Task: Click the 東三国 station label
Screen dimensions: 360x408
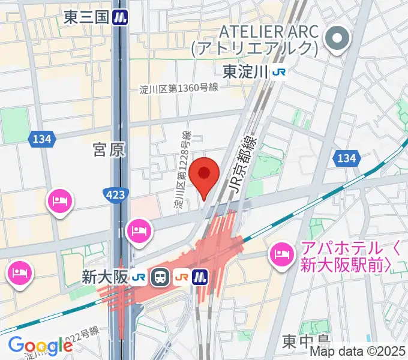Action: click(86, 17)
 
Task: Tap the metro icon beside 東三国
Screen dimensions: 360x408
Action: click(122, 17)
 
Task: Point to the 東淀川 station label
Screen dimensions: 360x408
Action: click(245, 72)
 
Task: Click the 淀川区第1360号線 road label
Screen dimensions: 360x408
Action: click(178, 88)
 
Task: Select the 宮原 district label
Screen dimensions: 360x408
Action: click(110, 150)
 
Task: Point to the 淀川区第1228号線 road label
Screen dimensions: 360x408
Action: click(182, 170)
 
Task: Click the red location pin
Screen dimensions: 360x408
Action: click(205, 174)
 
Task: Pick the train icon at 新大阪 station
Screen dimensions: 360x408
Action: click(160, 277)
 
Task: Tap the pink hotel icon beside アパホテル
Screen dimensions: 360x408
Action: click(281, 255)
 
